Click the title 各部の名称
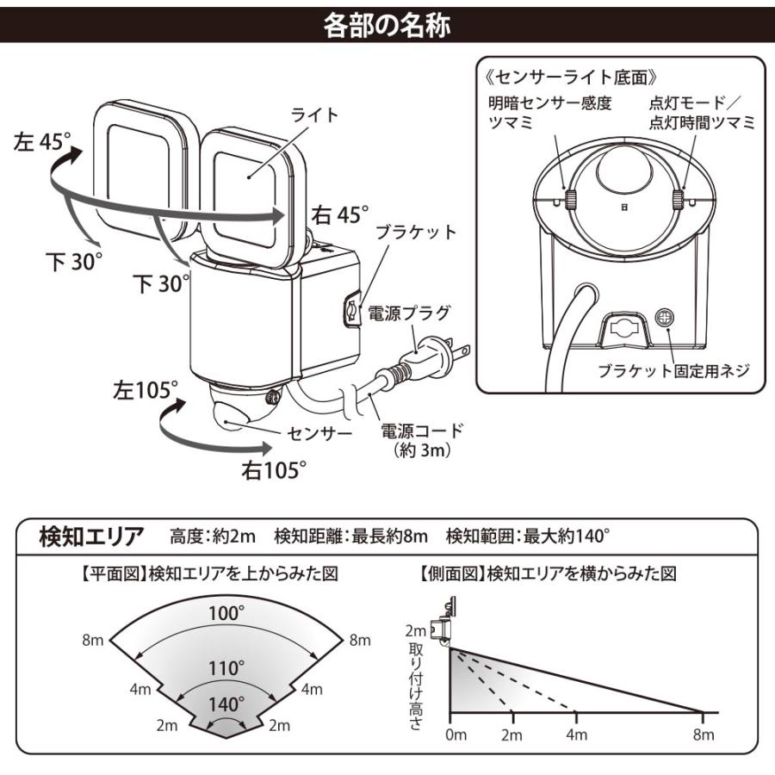coord(387,24)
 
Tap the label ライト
coord(316,114)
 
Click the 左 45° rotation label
coord(42,142)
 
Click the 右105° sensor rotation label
coord(274,469)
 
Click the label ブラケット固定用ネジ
coord(674,372)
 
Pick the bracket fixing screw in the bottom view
coord(665,318)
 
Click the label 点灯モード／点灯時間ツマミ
coord(702,113)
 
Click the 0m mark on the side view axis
coord(455,734)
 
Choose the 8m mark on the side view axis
coord(704,734)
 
